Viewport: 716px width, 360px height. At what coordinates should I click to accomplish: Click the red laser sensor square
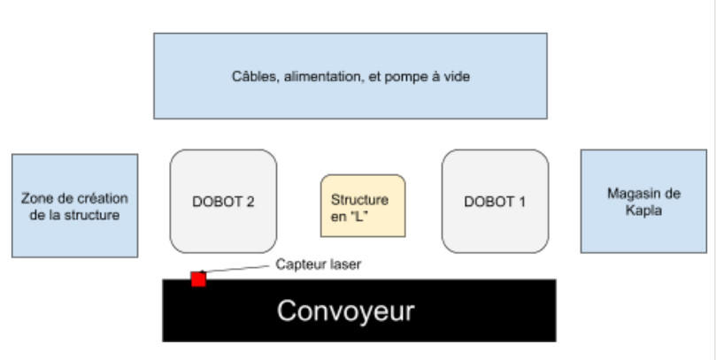point(198,280)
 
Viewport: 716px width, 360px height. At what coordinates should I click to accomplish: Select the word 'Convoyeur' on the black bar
point(346,311)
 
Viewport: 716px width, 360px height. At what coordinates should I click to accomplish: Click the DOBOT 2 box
point(223,201)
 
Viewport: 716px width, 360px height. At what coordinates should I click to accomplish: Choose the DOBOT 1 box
point(495,201)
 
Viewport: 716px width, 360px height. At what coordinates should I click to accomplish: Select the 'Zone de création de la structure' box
point(74,205)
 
